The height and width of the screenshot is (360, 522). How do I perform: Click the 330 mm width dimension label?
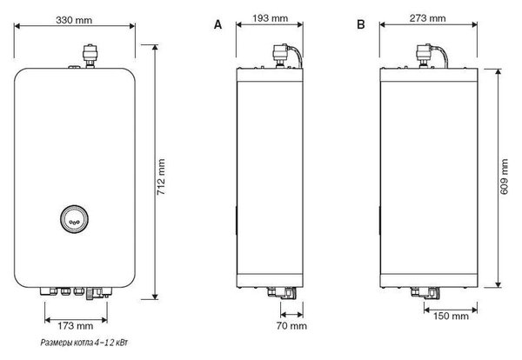pos(74,20)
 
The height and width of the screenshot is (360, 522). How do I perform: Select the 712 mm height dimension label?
pos(161,177)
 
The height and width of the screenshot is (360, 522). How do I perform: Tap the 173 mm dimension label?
pos(75,326)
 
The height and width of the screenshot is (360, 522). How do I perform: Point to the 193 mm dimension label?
pos(270,18)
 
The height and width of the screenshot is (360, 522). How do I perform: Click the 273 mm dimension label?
pos(427,18)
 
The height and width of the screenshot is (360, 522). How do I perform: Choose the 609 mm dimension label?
pos(505,177)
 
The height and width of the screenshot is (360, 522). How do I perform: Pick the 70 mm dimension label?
pos(291,326)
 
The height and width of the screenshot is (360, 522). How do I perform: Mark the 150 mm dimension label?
pos(451,316)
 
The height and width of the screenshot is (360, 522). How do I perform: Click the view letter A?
pos(217,24)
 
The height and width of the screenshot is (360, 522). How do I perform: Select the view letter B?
pos(361,24)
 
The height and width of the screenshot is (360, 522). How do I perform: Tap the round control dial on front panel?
pos(74,219)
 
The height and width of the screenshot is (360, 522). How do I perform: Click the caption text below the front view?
pos(84,343)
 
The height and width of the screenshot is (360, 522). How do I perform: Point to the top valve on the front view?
pos(90,56)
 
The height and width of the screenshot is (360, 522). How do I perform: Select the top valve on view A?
pos(280,56)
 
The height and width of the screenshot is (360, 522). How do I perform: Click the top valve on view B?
pos(424,56)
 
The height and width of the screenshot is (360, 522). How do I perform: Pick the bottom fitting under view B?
pos(425,293)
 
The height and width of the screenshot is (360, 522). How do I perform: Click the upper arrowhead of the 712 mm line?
pos(155,48)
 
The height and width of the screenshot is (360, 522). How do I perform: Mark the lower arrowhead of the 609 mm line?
pos(498,283)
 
